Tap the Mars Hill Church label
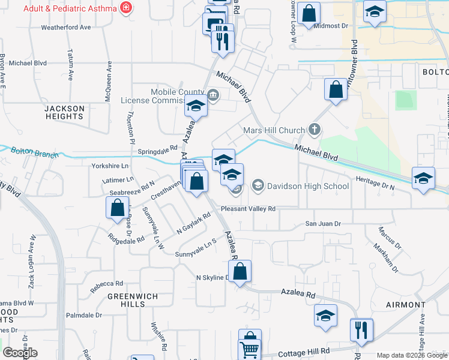pyautogui.click(x=275, y=130)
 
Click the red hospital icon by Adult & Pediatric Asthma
pyautogui.click(x=125, y=8)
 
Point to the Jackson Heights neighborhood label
pyautogui.click(x=64, y=112)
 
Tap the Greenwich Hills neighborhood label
pyautogui.click(x=126, y=300)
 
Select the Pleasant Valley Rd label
pyautogui.click(x=247, y=209)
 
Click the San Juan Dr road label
pyautogui.click(x=323, y=224)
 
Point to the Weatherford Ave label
pyautogui.click(x=66, y=27)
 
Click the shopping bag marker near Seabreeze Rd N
pyautogui.click(x=116, y=208)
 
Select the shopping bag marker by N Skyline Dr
pyautogui.click(x=240, y=272)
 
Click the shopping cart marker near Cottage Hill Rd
pyautogui.click(x=249, y=349)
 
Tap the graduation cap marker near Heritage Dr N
pyautogui.click(x=423, y=178)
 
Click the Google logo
pyautogui.click(x=20, y=353)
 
